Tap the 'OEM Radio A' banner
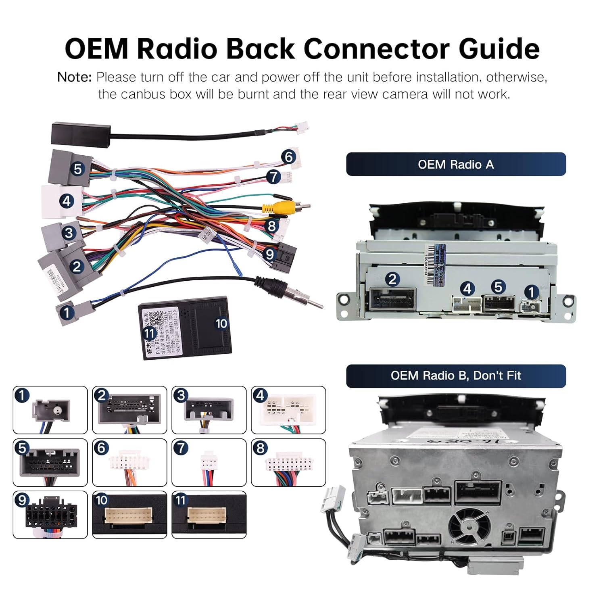tap(456, 164)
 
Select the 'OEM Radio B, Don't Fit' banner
tap(456, 376)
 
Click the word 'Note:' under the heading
tap(75, 77)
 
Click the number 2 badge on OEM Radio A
tap(392, 279)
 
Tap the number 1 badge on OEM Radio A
tap(531, 292)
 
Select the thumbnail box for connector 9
tap(50, 515)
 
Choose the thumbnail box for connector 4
tap(288, 410)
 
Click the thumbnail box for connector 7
tap(209, 462)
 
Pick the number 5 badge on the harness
tap(77, 169)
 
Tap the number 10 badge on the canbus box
tap(221, 323)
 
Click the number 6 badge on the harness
tap(288, 156)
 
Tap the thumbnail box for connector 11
tap(209, 515)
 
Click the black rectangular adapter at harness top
tap(81, 132)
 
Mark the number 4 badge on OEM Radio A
tap(467, 288)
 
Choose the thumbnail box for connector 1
tap(50, 410)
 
